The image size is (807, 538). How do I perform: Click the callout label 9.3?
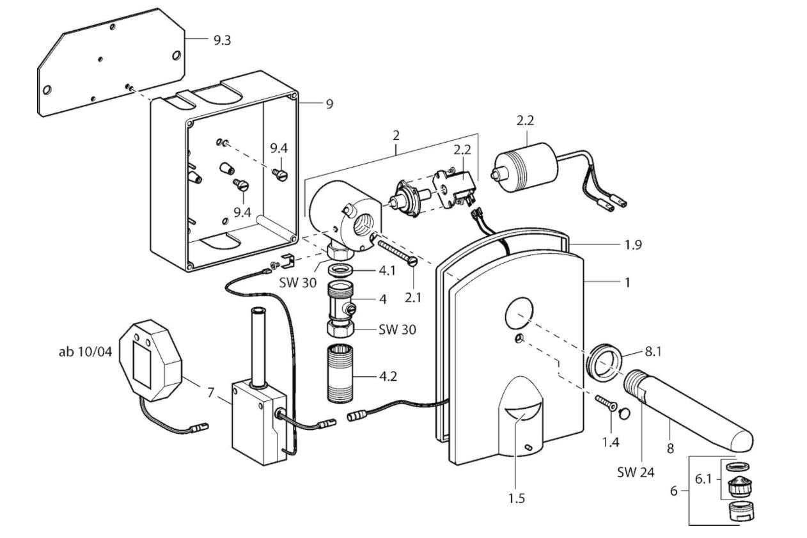coord(222,40)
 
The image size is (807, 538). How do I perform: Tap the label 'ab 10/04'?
coord(86,352)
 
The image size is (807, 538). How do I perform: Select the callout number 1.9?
coord(633,244)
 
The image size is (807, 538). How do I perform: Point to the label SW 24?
coord(636,472)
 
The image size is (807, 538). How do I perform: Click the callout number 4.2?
coord(388,377)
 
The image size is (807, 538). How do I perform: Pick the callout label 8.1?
coord(653,352)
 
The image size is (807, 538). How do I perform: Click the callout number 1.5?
coord(517,498)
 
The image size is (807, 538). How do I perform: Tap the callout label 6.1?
coord(703,479)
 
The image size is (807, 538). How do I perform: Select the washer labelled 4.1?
coord(340,270)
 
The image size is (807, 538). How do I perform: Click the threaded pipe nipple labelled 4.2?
coord(341,374)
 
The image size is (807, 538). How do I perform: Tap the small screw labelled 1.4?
coord(606,403)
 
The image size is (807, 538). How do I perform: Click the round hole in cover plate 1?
coord(519,314)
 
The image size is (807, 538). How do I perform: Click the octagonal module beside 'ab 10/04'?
coord(150,360)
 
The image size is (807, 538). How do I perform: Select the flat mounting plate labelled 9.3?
coord(111,62)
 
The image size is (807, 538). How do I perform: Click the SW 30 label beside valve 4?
coord(397,329)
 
